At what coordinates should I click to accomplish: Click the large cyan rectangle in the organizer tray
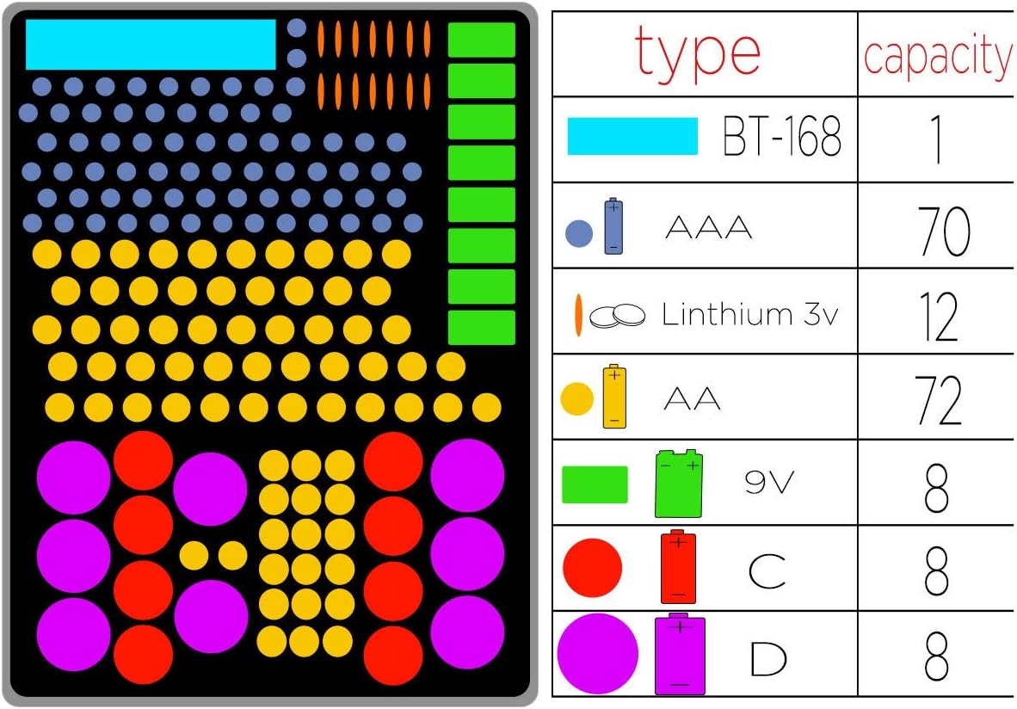click(151, 44)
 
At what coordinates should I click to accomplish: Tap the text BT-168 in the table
click(781, 136)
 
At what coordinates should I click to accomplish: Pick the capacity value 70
click(944, 231)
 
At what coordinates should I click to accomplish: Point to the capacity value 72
click(940, 400)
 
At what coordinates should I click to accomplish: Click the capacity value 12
click(939, 317)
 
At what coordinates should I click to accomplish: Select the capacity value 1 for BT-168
click(937, 139)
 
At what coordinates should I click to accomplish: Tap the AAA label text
click(709, 228)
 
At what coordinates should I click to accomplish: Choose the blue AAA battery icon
click(613, 225)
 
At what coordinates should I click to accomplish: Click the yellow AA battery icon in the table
click(614, 397)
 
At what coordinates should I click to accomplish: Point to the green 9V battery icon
click(679, 484)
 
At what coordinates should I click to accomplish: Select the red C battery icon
click(679, 567)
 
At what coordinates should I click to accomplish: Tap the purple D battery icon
click(680, 654)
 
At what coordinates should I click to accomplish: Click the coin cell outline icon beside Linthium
click(617, 316)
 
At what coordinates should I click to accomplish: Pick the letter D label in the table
click(768, 658)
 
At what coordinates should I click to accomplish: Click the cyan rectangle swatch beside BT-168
click(632, 136)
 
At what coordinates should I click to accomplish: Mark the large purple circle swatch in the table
click(597, 654)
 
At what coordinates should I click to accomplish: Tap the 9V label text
click(769, 482)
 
